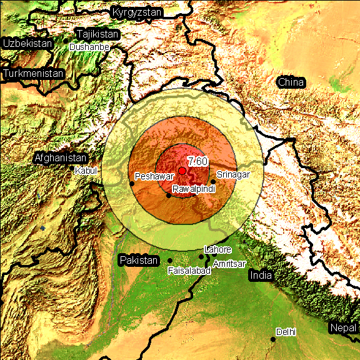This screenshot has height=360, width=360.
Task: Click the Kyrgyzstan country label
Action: coord(137,12)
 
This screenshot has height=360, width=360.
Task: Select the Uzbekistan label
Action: coord(27,44)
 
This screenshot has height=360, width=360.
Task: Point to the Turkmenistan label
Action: coord(34,74)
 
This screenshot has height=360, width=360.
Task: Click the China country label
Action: coord(291,82)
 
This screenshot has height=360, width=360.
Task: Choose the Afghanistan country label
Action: coord(61,158)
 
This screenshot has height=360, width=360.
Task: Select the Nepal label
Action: coord(343,328)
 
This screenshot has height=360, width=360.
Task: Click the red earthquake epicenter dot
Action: coord(182,171)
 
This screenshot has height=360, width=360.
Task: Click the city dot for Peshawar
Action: coord(132,183)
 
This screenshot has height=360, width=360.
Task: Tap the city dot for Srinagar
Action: coord(213,182)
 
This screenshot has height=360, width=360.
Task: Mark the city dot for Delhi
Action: coord(273,339)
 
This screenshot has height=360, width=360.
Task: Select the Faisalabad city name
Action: coord(189,271)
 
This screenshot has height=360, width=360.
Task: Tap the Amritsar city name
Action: coord(229,264)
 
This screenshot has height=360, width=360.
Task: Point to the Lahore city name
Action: coord(218,249)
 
